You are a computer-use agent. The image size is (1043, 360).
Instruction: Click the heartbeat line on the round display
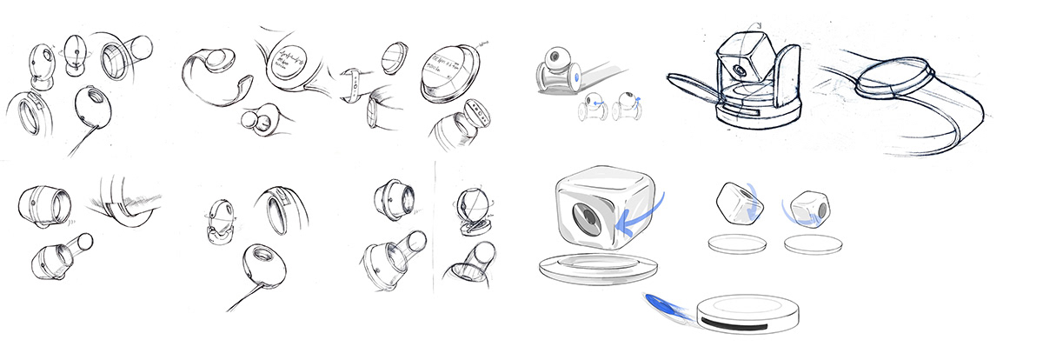[x=287, y=60]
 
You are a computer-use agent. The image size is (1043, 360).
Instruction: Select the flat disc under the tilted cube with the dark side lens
[x=813, y=244]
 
